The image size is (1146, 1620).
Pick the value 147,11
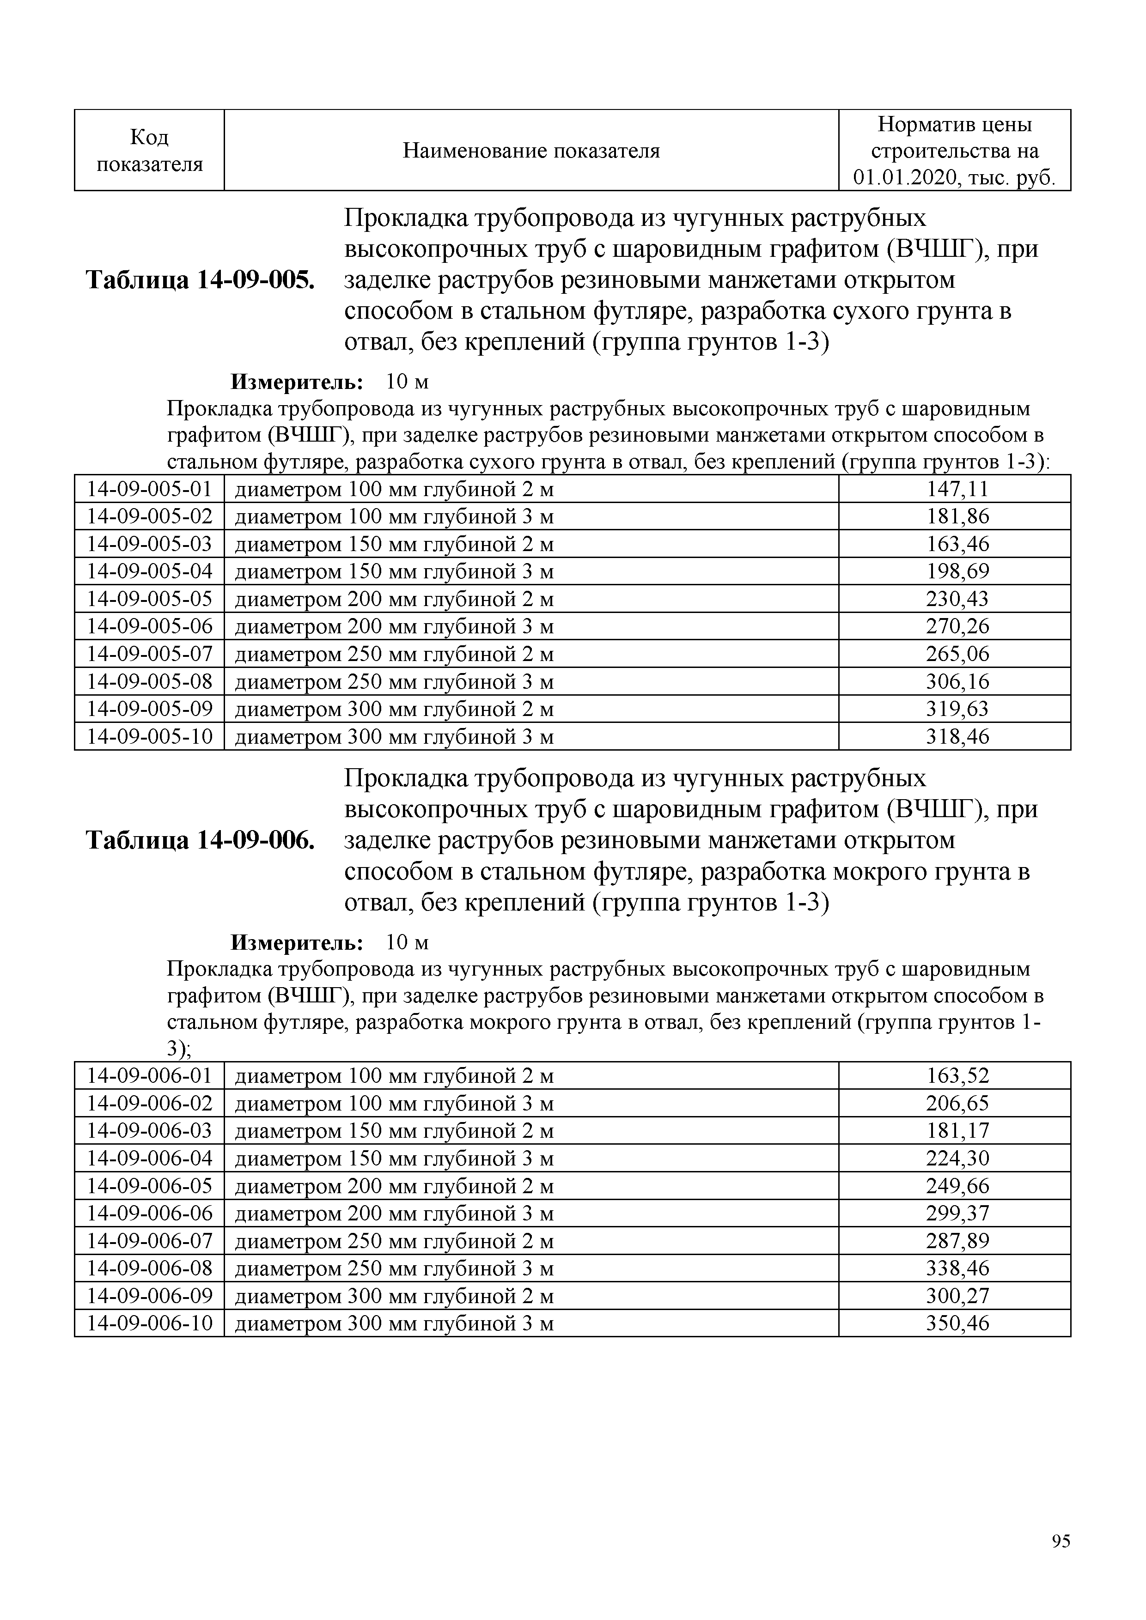coord(957,489)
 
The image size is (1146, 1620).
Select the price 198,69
coord(957,571)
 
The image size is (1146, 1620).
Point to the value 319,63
coord(957,709)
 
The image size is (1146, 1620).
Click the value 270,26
coord(957,626)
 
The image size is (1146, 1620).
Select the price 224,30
coord(957,1159)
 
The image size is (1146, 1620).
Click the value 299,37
coord(957,1213)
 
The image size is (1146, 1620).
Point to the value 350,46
coord(957,1323)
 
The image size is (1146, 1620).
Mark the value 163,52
coord(957,1076)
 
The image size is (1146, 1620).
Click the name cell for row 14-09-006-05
coord(394,1186)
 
